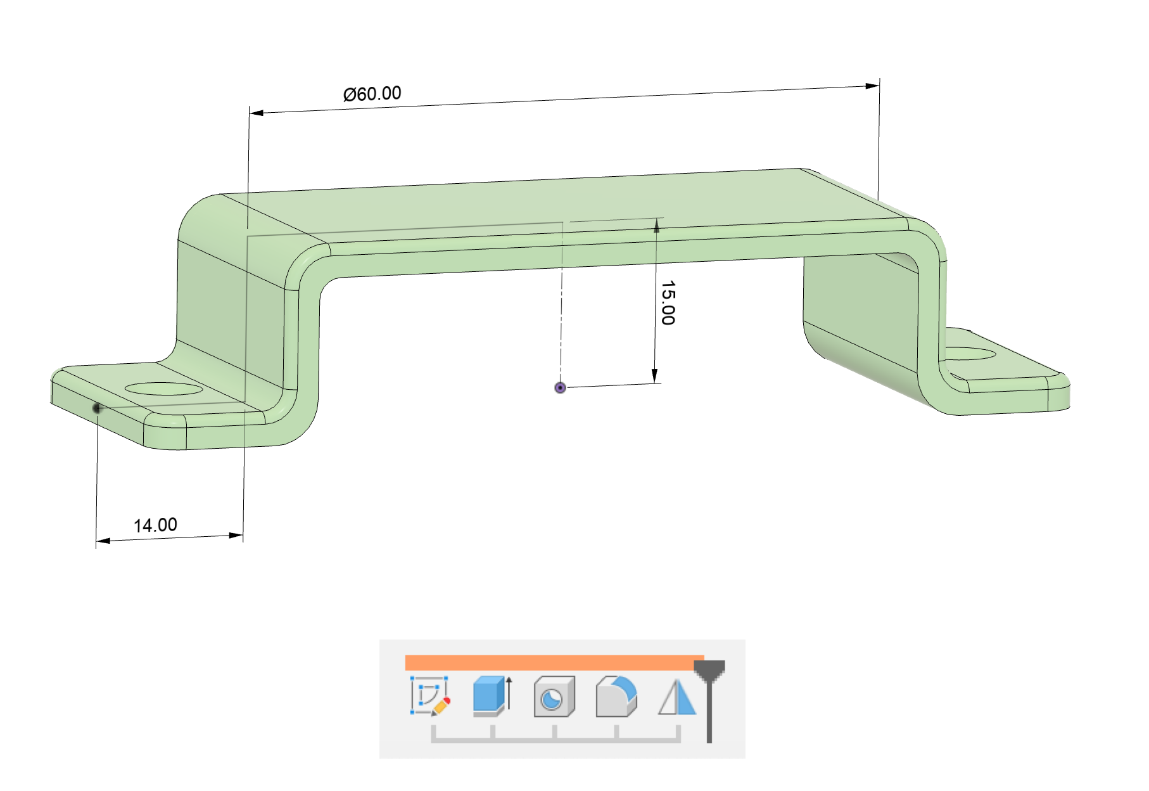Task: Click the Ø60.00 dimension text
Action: click(372, 94)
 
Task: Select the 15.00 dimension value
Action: click(668, 303)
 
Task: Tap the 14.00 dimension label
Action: click(155, 525)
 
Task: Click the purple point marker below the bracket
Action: click(560, 387)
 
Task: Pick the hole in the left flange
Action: click(164, 389)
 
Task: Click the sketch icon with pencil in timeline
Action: click(431, 696)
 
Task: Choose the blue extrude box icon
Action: click(492, 696)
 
